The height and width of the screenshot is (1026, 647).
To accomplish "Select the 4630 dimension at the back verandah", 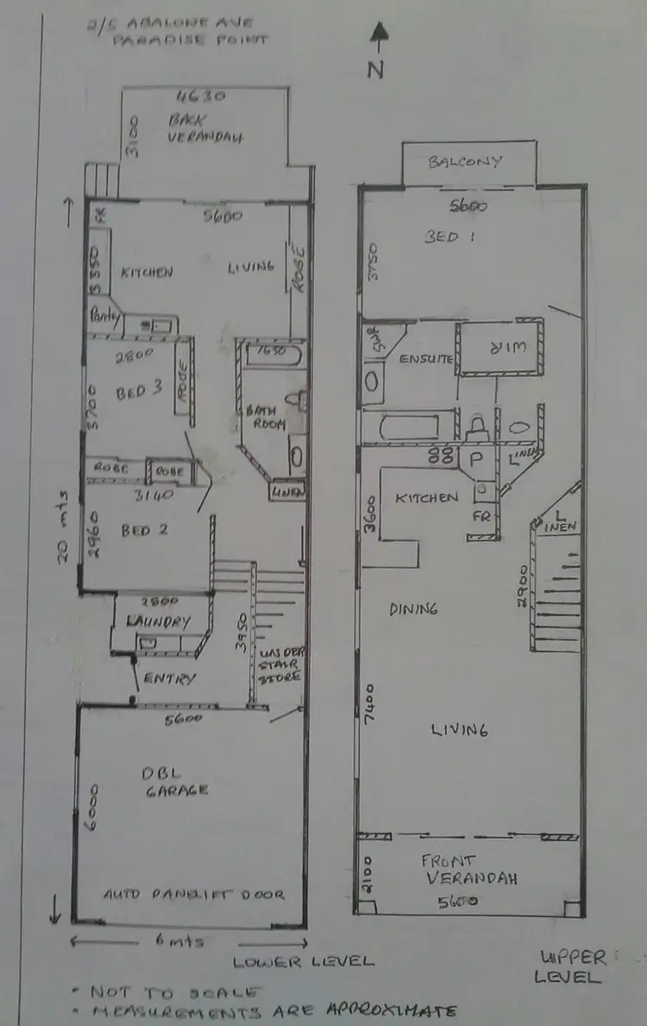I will [193, 95].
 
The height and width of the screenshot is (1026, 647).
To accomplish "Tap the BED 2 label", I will [144, 530].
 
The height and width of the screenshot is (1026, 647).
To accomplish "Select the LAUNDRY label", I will [158, 621].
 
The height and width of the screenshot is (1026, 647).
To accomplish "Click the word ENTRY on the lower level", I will [170, 678].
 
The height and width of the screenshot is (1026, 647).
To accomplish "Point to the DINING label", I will [413, 608].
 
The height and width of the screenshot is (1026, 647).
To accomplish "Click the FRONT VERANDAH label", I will [468, 870].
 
